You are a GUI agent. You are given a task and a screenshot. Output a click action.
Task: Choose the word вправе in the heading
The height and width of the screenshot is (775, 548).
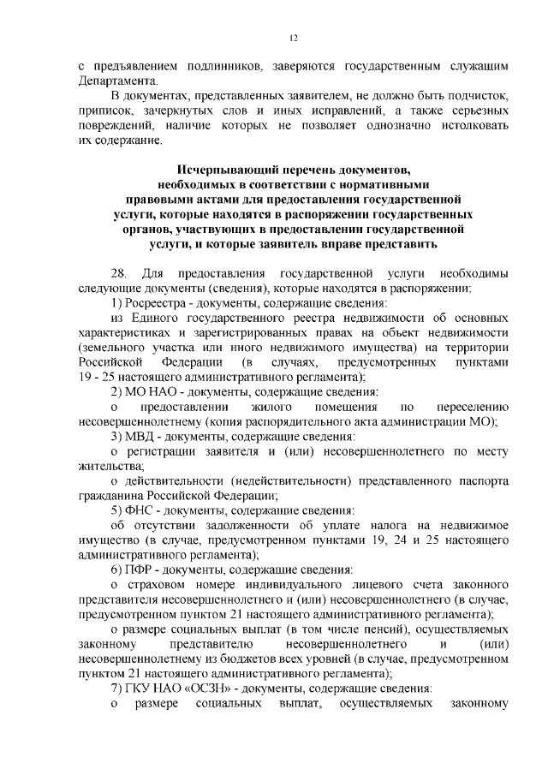[x=340, y=245]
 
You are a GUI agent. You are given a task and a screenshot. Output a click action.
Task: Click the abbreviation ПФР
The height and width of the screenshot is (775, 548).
[x=147, y=571]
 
